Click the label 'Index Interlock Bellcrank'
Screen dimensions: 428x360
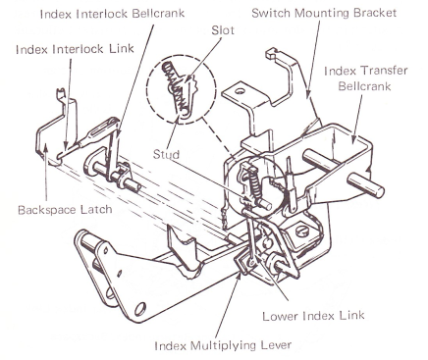point(112,14)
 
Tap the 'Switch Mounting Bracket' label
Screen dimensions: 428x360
point(324,13)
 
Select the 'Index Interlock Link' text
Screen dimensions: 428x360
point(75,49)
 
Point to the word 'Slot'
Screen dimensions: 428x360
point(223,30)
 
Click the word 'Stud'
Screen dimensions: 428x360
point(167,154)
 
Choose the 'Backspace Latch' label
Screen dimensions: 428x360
point(65,210)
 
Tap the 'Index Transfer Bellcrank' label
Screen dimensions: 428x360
point(366,78)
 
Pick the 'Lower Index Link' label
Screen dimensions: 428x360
point(313,316)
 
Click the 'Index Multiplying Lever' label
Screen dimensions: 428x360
point(223,345)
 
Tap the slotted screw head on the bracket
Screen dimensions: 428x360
point(302,231)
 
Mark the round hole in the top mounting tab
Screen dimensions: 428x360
point(240,91)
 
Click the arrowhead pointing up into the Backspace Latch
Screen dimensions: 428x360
point(46,150)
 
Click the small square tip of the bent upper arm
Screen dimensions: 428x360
point(271,53)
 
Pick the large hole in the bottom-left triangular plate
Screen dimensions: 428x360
point(140,308)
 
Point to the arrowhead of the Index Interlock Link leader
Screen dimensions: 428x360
point(66,145)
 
